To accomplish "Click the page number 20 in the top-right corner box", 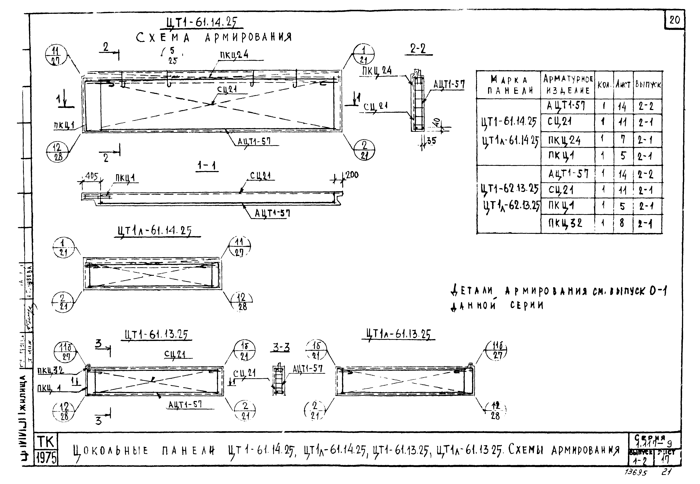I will point(675,20).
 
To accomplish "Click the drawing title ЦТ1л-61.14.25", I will point(154,231).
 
